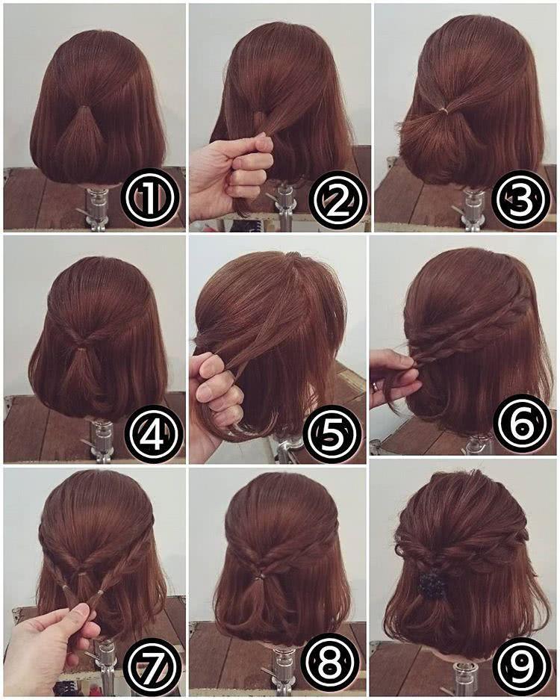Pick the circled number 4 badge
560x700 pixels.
coord(154,431)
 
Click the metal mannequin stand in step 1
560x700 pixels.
coord(95,208)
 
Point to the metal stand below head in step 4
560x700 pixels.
coord(99,441)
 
